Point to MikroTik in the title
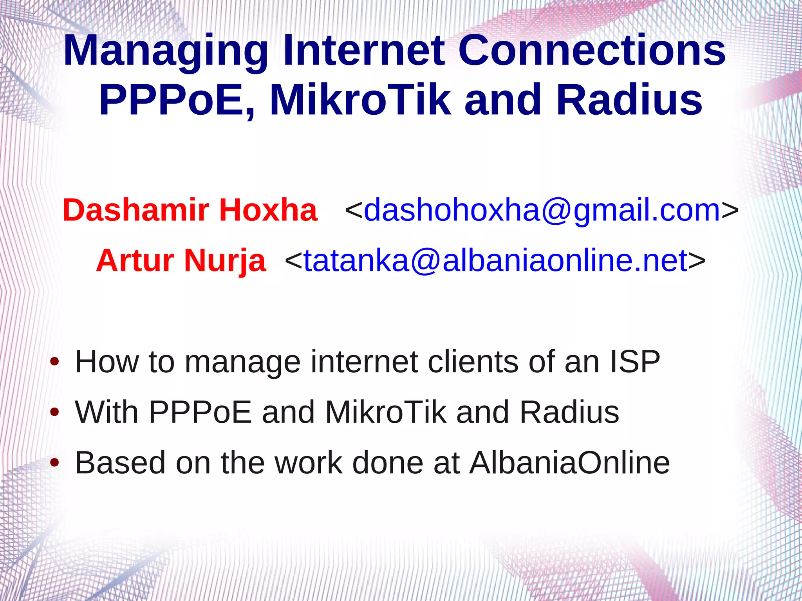pyautogui.click(x=360, y=99)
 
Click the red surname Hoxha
pyautogui.click(x=268, y=210)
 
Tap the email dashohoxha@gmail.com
pyautogui.click(x=542, y=210)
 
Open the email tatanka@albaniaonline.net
pyautogui.click(x=495, y=260)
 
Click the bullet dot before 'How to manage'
pyautogui.click(x=55, y=362)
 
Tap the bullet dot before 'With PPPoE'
pyautogui.click(x=55, y=412)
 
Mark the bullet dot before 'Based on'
pyautogui.click(x=55, y=463)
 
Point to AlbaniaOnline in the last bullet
pyautogui.click(x=570, y=463)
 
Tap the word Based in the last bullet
pyautogui.click(x=120, y=463)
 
